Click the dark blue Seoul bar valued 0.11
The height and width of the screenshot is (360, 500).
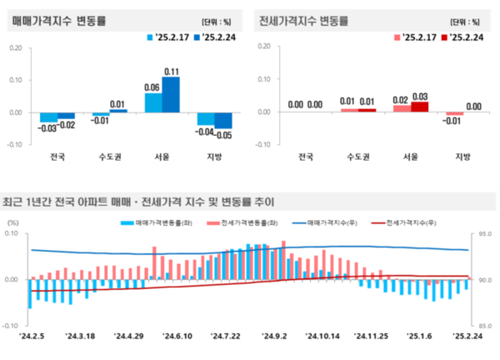point(171,94)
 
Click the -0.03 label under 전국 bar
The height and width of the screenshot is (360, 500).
point(47,127)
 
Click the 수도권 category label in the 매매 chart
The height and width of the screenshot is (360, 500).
point(108,156)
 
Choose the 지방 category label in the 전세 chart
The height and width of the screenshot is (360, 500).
point(462,156)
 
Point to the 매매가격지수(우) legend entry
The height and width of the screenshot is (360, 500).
point(332,223)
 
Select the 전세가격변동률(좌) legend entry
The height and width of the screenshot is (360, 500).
point(252,223)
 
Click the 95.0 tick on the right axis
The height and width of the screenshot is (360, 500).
point(485,234)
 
